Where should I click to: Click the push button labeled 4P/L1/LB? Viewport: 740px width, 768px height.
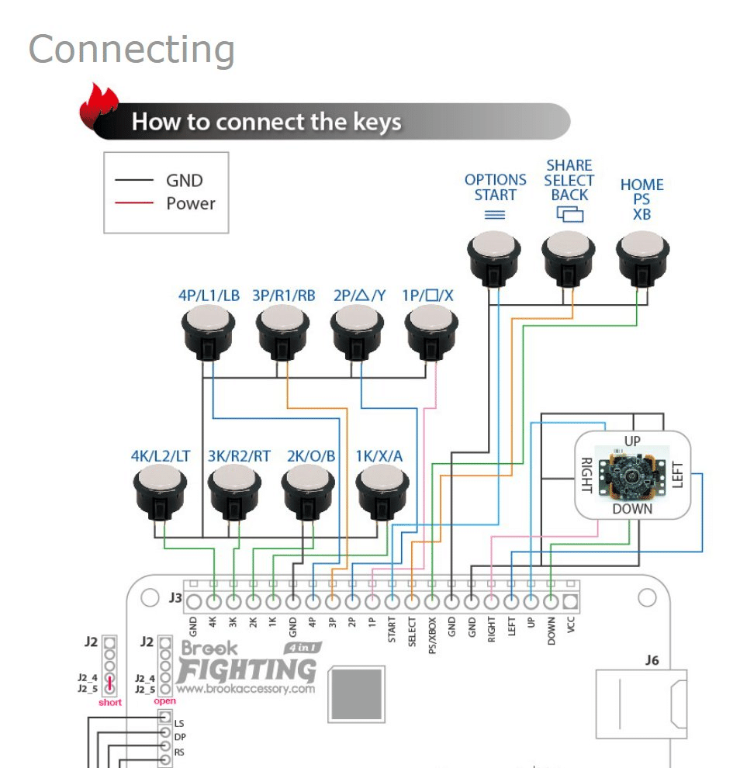[x=208, y=332]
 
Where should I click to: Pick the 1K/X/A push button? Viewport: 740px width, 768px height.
[x=382, y=493]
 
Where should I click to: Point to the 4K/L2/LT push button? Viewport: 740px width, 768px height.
[x=160, y=493]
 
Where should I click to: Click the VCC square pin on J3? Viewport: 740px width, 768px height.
[x=571, y=601]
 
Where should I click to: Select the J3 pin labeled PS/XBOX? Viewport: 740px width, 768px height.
[x=431, y=601]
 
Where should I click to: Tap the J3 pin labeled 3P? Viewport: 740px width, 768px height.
[x=332, y=601]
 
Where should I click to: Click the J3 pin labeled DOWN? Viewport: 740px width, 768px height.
[x=551, y=601]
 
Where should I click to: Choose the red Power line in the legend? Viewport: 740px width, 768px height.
[x=134, y=202]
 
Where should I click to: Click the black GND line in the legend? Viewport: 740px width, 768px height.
[x=134, y=180]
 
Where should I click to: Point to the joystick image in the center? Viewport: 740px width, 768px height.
[x=631, y=474]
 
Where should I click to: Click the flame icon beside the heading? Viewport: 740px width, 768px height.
[x=99, y=109]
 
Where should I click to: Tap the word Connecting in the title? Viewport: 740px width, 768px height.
[x=132, y=50]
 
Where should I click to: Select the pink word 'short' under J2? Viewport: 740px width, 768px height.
[x=110, y=702]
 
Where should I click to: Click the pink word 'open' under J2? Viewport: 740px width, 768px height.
[x=165, y=701]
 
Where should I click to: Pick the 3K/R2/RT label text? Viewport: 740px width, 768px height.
[x=239, y=456]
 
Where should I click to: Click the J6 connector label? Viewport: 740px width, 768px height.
[x=652, y=660]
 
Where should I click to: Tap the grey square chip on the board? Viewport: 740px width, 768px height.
[x=357, y=694]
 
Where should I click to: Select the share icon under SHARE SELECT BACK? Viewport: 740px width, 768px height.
[x=569, y=214]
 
